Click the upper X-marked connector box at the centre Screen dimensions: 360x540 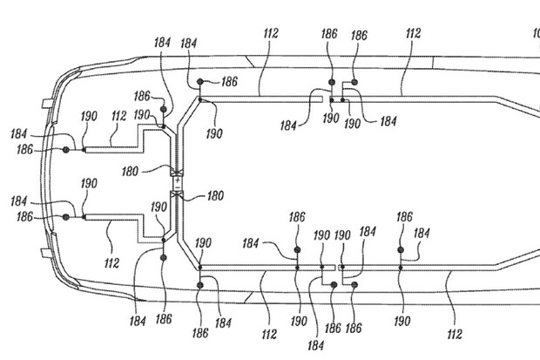(177, 171)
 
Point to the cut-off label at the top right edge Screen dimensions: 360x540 (536, 35)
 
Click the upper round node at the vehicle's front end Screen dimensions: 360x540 (66, 151)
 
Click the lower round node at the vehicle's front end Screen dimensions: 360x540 (66, 217)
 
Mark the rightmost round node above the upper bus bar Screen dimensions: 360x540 (354, 81)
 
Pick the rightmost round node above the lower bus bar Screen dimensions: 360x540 (402, 250)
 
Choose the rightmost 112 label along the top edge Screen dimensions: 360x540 (412, 34)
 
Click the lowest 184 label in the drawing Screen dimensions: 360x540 (315, 346)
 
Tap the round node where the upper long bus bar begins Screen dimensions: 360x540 (200, 81)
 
